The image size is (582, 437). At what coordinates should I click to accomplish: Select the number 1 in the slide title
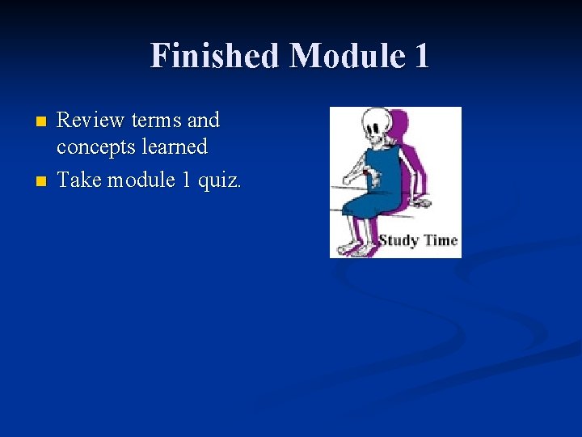point(420,56)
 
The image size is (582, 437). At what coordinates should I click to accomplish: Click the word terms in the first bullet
point(156,121)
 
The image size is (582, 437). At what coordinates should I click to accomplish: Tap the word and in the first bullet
point(203,121)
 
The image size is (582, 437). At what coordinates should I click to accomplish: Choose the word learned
point(173,146)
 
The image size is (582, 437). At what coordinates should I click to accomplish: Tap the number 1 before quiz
point(186,180)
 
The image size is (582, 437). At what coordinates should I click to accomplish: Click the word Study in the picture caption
point(399,240)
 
